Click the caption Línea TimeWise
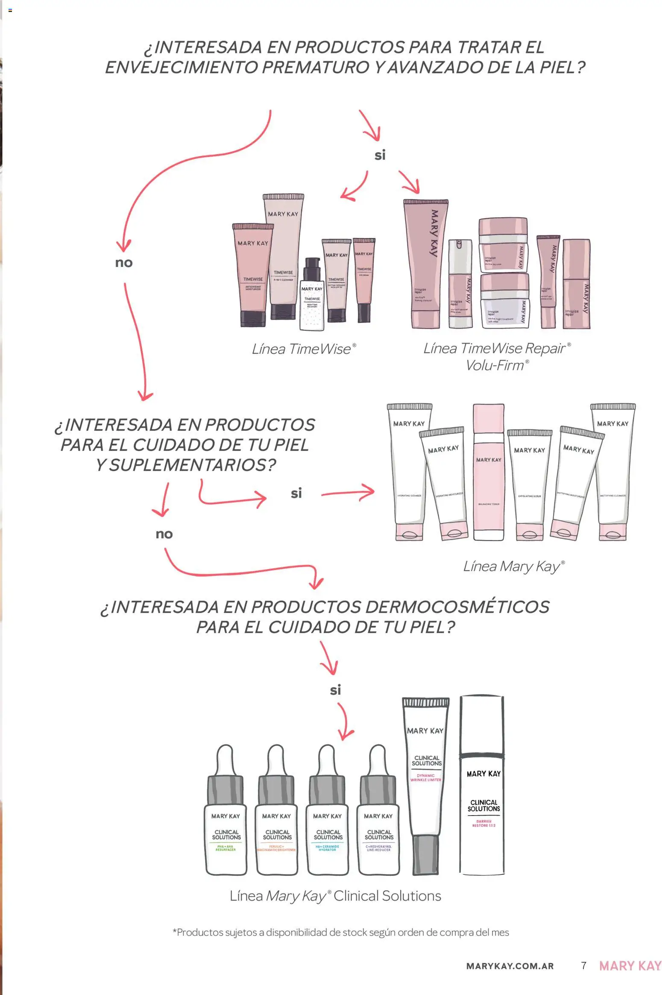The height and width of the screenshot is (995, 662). [x=303, y=349]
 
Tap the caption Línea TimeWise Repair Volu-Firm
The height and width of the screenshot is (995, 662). [x=497, y=356]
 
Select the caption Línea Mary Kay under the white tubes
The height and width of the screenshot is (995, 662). [x=513, y=566]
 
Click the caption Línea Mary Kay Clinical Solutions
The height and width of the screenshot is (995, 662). [x=335, y=896]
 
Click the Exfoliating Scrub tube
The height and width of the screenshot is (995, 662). [x=529, y=483]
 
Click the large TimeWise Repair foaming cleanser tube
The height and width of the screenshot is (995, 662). [x=425, y=265]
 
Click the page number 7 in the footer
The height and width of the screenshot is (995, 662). [x=584, y=966]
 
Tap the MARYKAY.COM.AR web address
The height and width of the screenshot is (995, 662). [x=510, y=966]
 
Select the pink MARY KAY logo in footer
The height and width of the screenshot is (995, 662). [x=630, y=966]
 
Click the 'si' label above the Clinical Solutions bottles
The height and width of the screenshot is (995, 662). [x=335, y=690]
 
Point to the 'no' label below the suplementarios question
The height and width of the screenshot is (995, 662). [x=164, y=534]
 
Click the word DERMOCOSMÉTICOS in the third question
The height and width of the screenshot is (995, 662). [x=457, y=607]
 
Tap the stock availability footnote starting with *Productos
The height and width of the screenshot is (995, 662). [x=340, y=932]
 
